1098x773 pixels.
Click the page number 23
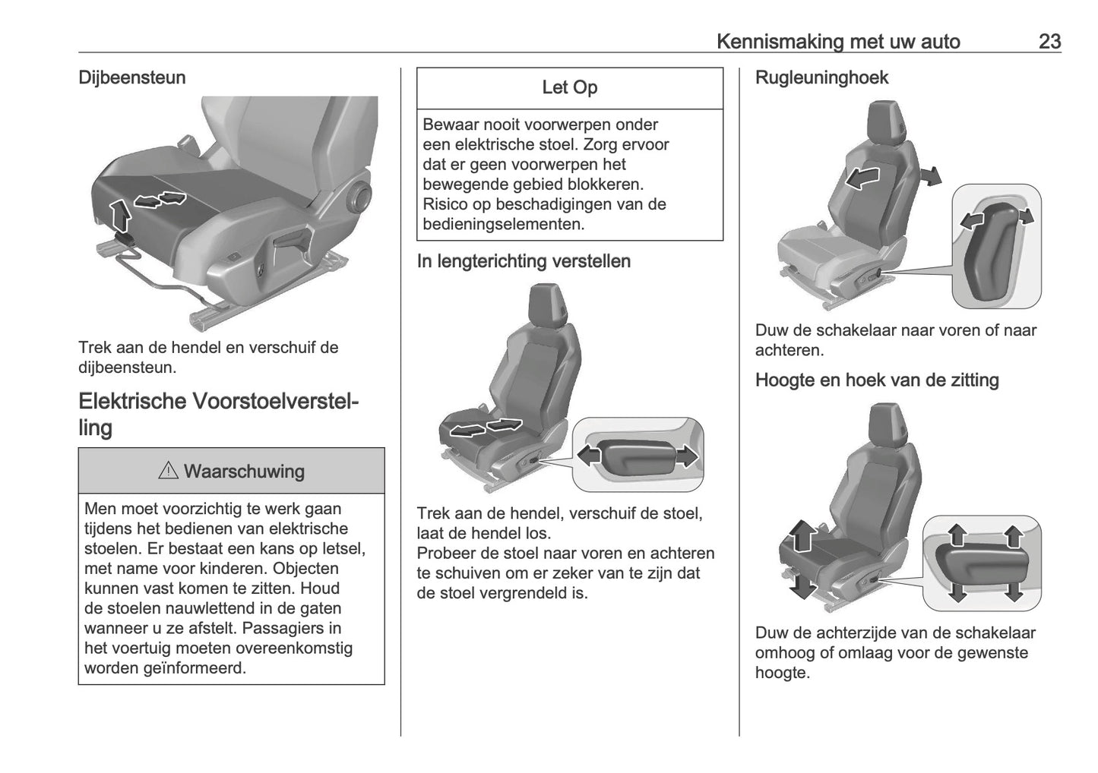[x=1049, y=41]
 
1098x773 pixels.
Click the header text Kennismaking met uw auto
[x=838, y=41]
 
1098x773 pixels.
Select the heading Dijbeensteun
[x=131, y=77]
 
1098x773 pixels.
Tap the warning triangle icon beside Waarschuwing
[x=168, y=472]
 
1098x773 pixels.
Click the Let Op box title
[x=569, y=88]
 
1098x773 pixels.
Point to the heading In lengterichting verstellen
[x=524, y=261]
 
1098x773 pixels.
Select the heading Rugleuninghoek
[x=821, y=77]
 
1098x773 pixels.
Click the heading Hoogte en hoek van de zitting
[x=877, y=380]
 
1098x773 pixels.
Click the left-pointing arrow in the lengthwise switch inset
[x=590, y=456]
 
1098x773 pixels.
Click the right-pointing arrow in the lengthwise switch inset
[x=686, y=456]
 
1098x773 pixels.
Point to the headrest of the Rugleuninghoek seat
[x=884, y=120]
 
